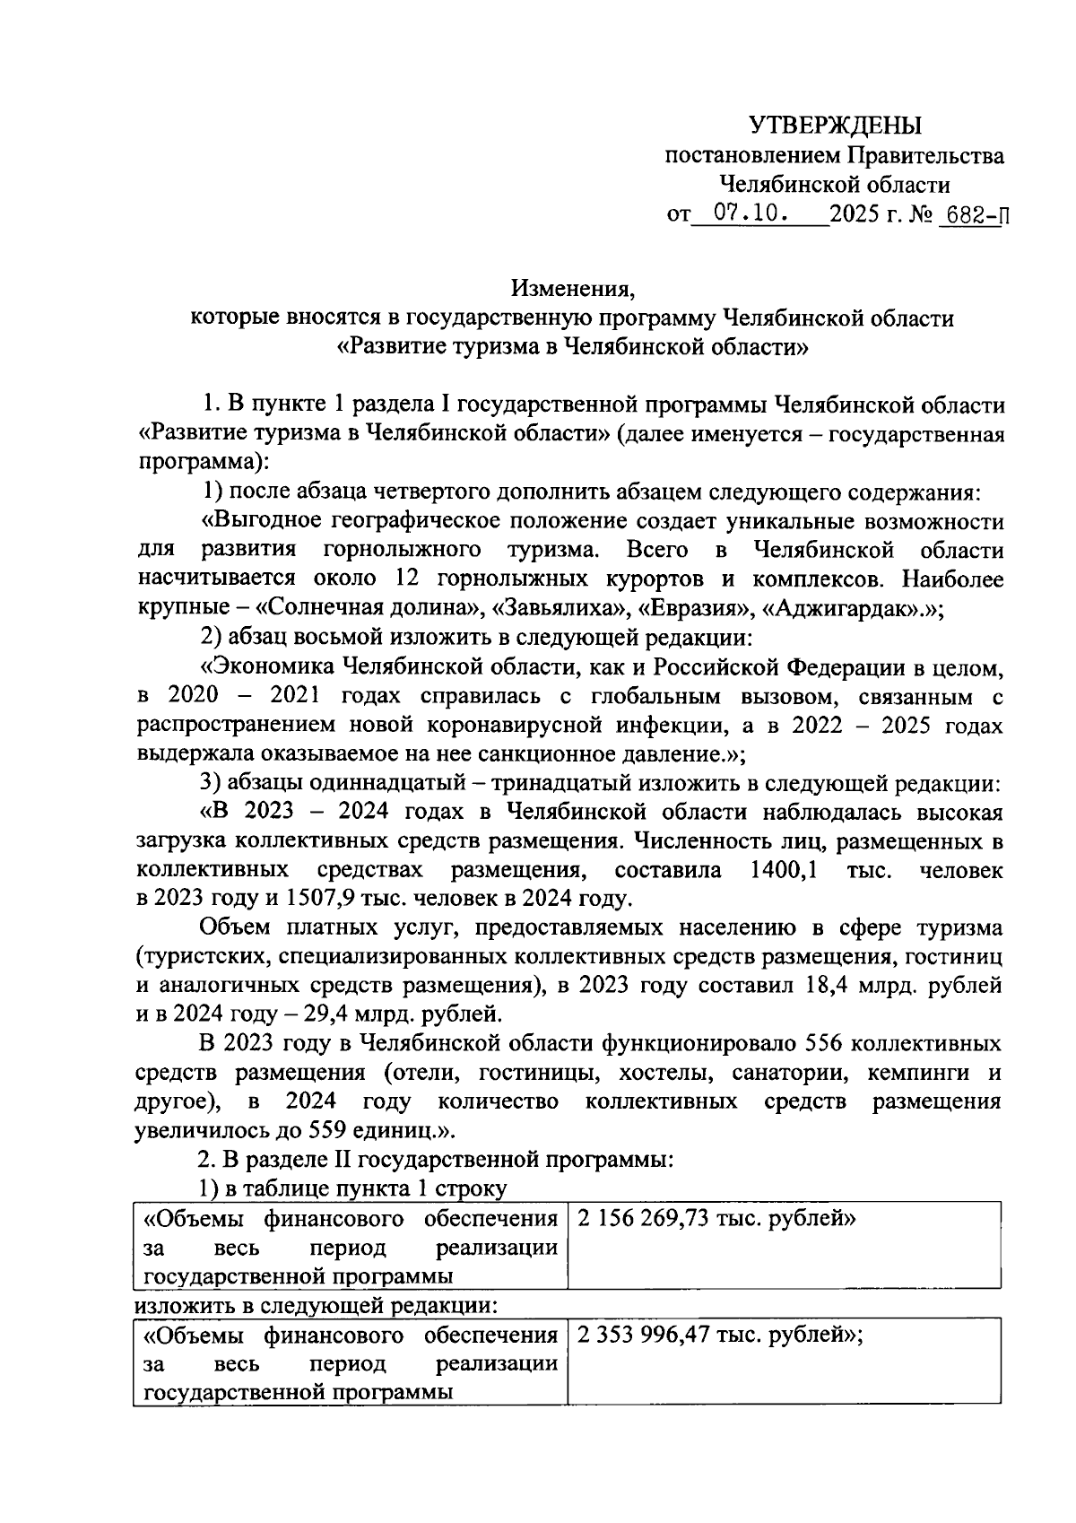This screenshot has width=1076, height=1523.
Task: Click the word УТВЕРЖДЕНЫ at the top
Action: pyautogui.click(x=835, y=126)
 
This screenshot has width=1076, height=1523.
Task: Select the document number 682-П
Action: pyautogui.click(x=971, y=216)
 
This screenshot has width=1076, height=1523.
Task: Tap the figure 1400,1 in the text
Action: pyautogui.click(x=783, y=871)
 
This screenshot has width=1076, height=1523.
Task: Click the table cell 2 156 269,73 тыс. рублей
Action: pyautogui.click(x=716, y=1220)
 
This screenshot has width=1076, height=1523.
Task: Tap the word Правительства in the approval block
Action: pyautogui.click(x=924, y=156)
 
